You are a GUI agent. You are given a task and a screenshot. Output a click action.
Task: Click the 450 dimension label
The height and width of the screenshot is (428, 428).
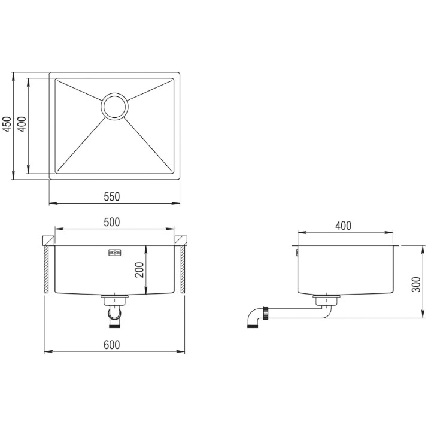tap(7, 124)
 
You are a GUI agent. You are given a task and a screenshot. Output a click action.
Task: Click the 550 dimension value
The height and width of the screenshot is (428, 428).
tap(112, 196)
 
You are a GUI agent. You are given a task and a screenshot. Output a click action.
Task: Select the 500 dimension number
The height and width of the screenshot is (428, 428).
tap(112, 223)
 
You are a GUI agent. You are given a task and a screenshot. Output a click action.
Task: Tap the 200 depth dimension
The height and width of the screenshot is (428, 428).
tap(139, 270)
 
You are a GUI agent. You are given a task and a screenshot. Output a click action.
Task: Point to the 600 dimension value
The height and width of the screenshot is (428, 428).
tap(112, 345)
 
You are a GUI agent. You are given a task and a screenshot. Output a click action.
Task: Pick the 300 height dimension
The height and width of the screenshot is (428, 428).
tap(416, 284)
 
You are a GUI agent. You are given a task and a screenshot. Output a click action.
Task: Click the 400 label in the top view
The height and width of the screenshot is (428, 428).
tap(22, 124)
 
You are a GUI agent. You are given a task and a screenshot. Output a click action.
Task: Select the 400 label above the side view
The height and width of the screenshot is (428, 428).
tap(344, 226)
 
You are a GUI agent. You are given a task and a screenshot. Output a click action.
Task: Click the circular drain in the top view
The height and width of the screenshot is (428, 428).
tap(115, 107)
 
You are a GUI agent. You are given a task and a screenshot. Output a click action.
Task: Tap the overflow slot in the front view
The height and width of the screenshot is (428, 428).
tap(115, 253)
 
